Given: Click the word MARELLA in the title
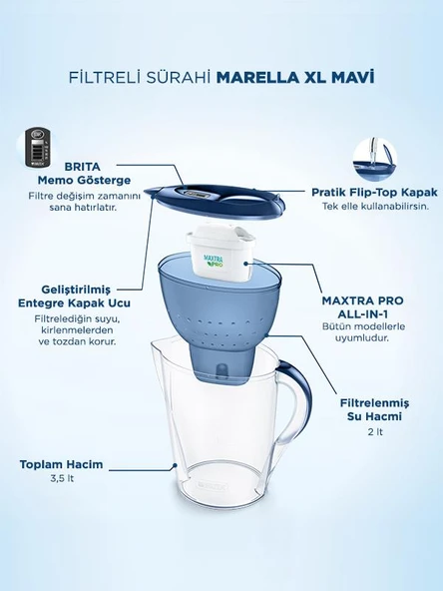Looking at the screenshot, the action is pos(257,77).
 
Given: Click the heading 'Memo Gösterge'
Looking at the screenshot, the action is pos(84,180).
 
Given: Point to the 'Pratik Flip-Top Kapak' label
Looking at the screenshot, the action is pos(374,193).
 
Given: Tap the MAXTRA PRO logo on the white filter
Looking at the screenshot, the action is pos(214,262).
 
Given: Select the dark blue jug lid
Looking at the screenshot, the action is pos(216,201).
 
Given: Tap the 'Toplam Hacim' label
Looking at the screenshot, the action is pos(62,464).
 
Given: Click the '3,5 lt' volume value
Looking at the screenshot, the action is pos(62,478).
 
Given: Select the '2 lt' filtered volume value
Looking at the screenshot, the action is pos(375,432).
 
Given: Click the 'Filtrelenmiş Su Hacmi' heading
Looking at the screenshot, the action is pos(374,409).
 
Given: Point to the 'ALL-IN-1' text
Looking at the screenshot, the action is pos(363,313).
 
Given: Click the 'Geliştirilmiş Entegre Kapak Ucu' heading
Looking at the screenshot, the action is pos(75,296).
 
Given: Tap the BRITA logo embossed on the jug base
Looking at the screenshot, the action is pos(212,486).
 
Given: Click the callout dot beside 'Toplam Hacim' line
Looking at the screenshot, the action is pos(175,466).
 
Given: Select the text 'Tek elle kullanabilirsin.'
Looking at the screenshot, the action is pos(375,207).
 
